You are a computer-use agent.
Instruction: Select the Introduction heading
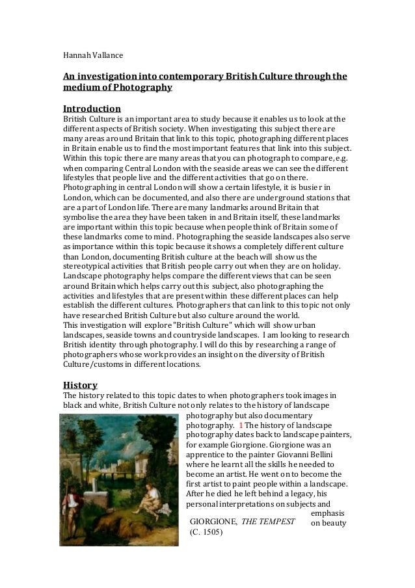tap(92, 108)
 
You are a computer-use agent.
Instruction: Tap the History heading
tap(80, 384)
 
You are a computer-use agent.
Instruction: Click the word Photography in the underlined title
tap(143, 88)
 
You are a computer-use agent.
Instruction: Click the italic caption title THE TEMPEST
tap(268, 522)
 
